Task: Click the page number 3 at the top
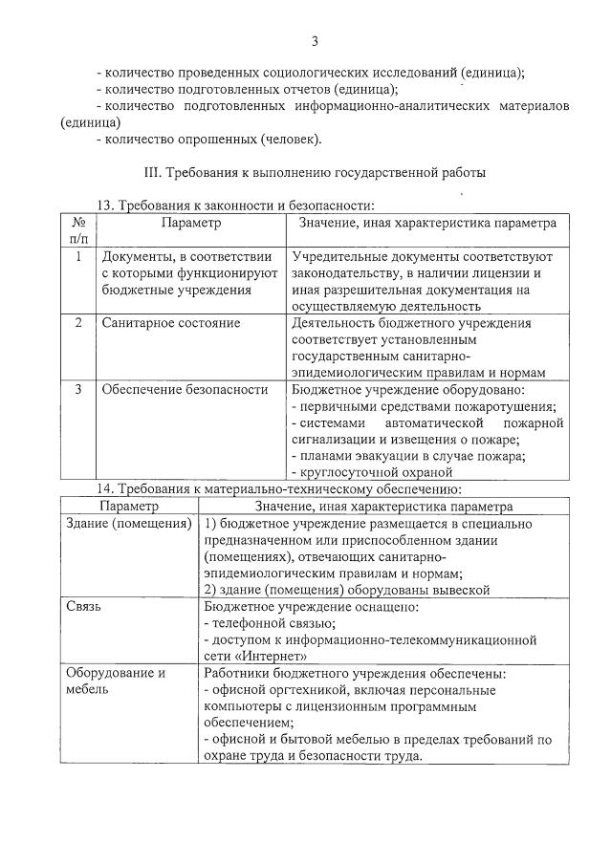(x=314, y=39)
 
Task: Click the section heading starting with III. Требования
(x=314, y=173)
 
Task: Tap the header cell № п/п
(x=78, y=229)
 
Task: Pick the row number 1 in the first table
(x=78, y=257)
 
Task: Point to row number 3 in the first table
(x=78, y=389)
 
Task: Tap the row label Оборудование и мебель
(x=115, y=680)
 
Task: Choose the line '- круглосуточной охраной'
(x=371, y=472)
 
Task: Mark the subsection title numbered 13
(x=235, y=205)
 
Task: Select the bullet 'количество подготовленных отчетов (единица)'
(x=248, y=89)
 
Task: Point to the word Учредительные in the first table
(x=339, y=257)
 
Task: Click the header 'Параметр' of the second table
(x=128, y=507)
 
